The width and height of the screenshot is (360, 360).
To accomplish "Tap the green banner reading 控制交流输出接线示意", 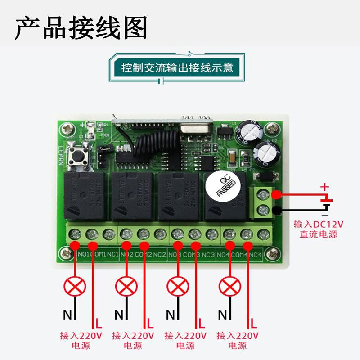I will [177, 68].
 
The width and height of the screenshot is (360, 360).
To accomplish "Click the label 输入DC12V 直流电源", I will [318, 229].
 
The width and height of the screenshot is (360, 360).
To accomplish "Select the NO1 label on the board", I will [84, 255].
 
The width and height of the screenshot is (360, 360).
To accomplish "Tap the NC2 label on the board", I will [160, 255].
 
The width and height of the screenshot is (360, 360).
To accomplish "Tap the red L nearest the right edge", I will [254, 323].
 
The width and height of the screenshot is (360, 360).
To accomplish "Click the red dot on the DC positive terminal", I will [276, 195].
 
